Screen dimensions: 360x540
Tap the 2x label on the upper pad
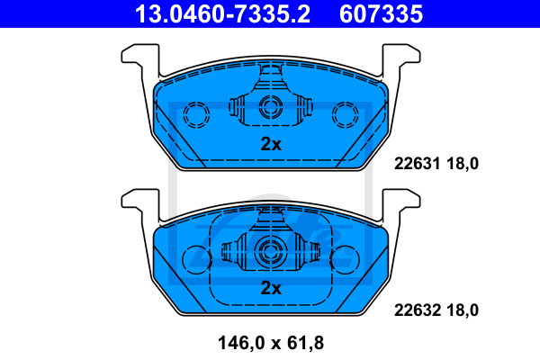271,144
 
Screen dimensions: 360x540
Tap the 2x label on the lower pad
271,288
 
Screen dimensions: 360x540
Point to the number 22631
416,164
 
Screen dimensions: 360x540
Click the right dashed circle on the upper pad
345,114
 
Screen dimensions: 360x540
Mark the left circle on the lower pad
195,259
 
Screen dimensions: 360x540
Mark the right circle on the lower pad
345,259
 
